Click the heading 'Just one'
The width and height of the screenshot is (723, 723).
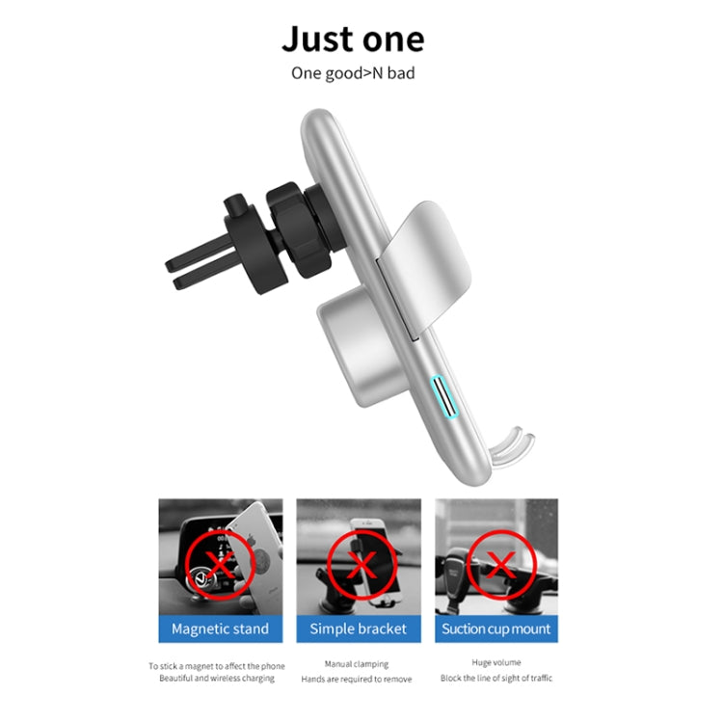point(353,40)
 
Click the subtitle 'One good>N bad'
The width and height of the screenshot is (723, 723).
point(353,72)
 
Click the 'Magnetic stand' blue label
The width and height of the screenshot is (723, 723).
point(220,629)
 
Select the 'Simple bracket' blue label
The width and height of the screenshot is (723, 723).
point(359,629)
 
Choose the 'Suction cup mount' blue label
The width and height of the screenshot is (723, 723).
point(496,629)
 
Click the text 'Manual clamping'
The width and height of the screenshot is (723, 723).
point(358,663)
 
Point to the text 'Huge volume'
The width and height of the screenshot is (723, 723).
point(496,662)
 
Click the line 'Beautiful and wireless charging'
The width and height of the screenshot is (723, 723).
point(217,679)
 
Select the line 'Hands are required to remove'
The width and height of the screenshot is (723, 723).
point(358,679)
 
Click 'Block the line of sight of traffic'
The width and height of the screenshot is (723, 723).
point(496,678)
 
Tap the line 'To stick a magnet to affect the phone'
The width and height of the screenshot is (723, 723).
point(217,665)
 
